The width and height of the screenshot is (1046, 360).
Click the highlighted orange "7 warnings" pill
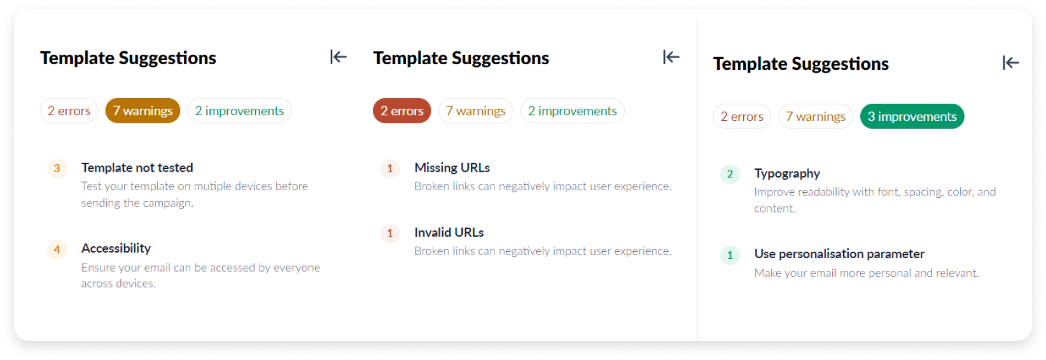[143, 111]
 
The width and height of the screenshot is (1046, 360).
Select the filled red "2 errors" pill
[401, 111]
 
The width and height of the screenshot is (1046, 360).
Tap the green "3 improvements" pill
[912, 116]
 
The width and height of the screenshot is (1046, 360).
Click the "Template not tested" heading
[137, 168]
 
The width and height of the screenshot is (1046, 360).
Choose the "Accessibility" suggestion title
[116, 249]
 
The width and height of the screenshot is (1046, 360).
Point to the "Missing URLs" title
[452, 168]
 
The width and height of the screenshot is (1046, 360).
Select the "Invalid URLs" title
[449, 233]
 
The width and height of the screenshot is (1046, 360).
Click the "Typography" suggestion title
[787, 174]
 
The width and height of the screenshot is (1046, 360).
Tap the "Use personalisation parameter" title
[839, 254]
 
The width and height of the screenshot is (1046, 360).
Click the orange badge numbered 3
[57, 169]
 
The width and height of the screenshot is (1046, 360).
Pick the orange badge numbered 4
[57, 249]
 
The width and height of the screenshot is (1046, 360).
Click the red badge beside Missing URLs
[390, 169]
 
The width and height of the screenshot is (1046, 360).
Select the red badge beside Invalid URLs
[390, 233]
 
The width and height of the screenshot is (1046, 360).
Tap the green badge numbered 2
[730, 174]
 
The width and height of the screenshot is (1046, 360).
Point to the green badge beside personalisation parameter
[730, 255]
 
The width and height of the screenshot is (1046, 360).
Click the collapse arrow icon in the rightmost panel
[1010, 62]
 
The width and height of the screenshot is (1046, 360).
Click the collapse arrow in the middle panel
[671, 57]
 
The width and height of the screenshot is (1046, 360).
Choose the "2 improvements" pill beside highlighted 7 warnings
[239, 111]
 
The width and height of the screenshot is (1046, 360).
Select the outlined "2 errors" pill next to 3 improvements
[741, 116]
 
